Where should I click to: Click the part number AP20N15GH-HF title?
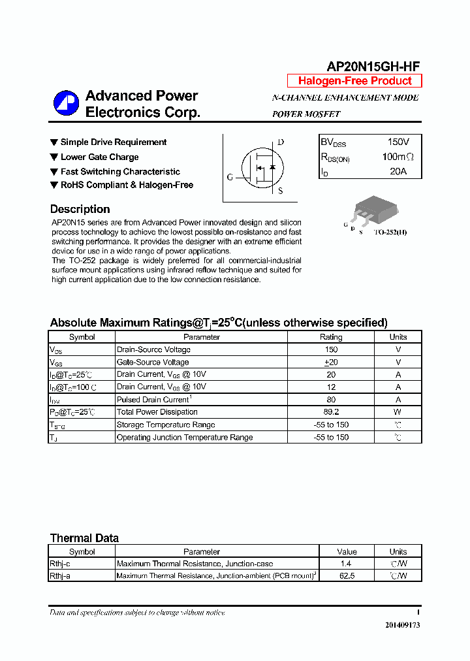(373, 66)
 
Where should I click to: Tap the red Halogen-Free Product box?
(354, 81)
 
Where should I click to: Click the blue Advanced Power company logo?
(66, 104)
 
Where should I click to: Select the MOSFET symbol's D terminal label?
(281, 142)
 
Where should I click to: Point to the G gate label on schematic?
(230, 177)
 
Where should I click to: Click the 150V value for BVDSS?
(398, 142)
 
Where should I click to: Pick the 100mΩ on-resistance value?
(398, 157)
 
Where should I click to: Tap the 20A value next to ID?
(398, 171)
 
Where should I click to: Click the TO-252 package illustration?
(369, 211)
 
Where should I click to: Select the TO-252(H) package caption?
(390, 232)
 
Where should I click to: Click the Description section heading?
(80, 209)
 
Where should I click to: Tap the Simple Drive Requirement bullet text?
(114, 142)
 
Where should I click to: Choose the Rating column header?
(330, 337)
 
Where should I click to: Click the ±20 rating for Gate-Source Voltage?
(330, 362)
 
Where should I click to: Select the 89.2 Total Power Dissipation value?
(330, 412)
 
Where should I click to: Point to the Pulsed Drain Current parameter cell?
(153, 399)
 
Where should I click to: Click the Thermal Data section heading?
(84, 538)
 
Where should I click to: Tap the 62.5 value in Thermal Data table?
(347, 576)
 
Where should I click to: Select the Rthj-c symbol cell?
(60, 564)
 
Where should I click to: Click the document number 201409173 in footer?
(402, 625)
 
